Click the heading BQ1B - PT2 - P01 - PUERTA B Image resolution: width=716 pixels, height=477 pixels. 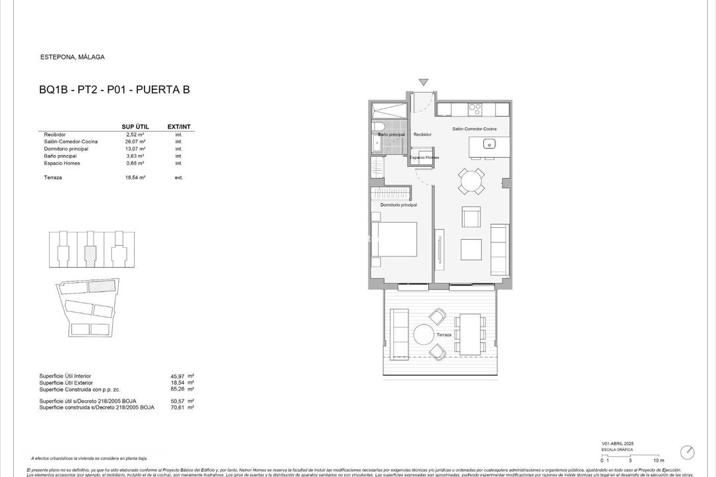(115, 89)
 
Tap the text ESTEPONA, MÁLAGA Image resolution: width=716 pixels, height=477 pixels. (72, 57)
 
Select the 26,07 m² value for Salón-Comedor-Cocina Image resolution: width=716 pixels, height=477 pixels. (136, 142)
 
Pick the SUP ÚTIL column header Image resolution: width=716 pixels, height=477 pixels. (135, 127)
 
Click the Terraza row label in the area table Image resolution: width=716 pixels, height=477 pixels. (53, 178)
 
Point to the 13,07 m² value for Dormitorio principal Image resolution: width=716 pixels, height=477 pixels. (136, 149)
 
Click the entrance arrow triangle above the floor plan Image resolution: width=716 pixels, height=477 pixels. (424, 83)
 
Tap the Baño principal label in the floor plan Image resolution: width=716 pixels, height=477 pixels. (391, 134)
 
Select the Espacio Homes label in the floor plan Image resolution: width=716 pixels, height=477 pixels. (424, 158)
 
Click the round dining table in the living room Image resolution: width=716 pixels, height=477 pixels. (471, 181)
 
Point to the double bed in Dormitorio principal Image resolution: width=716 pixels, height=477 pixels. (394, 239)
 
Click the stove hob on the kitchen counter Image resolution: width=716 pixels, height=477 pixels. (475, 107)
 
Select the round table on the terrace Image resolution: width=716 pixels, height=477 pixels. (423, 335)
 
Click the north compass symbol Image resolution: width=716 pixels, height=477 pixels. (687, 452)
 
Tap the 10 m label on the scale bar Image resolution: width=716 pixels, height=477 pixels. (658, 460)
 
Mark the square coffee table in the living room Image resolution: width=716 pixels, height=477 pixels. (471, 249)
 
